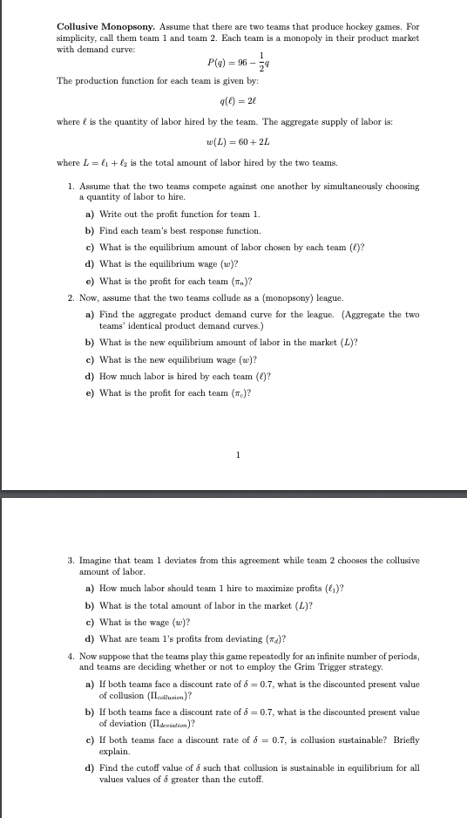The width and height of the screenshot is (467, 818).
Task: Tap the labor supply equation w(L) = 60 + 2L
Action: coord(233,142)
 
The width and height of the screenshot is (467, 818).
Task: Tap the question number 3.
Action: coord(71,559)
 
